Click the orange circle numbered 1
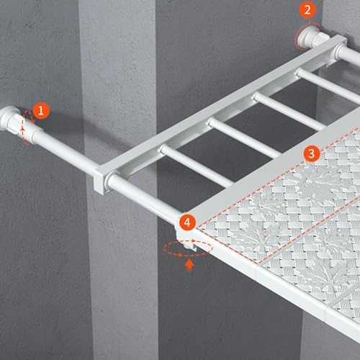coord(41,111)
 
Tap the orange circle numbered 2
coord(307,10)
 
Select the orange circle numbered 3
coord(311,153)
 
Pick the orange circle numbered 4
coord(187,222)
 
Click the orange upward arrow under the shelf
coord(189,266)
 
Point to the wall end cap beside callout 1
coord(9,119)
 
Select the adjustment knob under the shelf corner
coord(190,246)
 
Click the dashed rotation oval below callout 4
coord(187,248)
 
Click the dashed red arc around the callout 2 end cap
coord(303,36)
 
